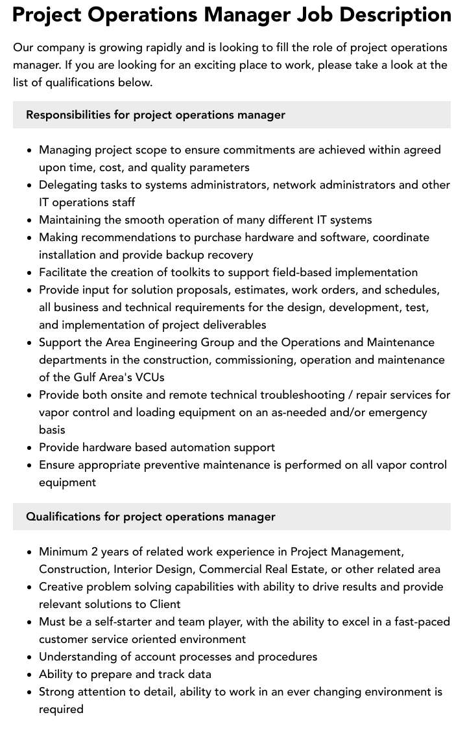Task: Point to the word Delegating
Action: [68, 185]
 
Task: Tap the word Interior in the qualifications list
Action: [135, 569]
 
